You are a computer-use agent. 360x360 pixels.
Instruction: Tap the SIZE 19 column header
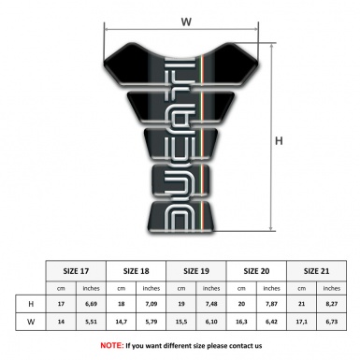[x=196, y=269]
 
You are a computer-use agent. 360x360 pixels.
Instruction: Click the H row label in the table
[x=31, y=305]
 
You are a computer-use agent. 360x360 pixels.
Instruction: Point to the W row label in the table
[x=31, y=323]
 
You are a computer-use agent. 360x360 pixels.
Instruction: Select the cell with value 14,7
[x=122, y=323]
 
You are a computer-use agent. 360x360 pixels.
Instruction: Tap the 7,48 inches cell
[x=211, y=305]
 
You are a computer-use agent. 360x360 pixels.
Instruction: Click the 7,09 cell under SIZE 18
[x=152, y=305]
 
